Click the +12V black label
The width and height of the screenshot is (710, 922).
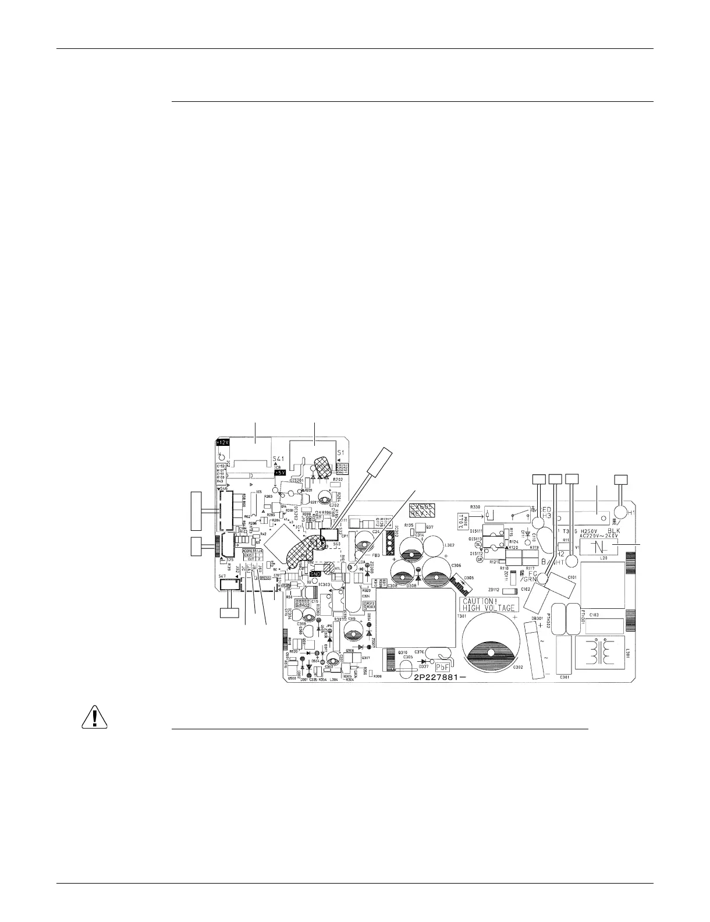[x=223, y=443]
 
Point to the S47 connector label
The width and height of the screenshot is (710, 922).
[x=223, y=576]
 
